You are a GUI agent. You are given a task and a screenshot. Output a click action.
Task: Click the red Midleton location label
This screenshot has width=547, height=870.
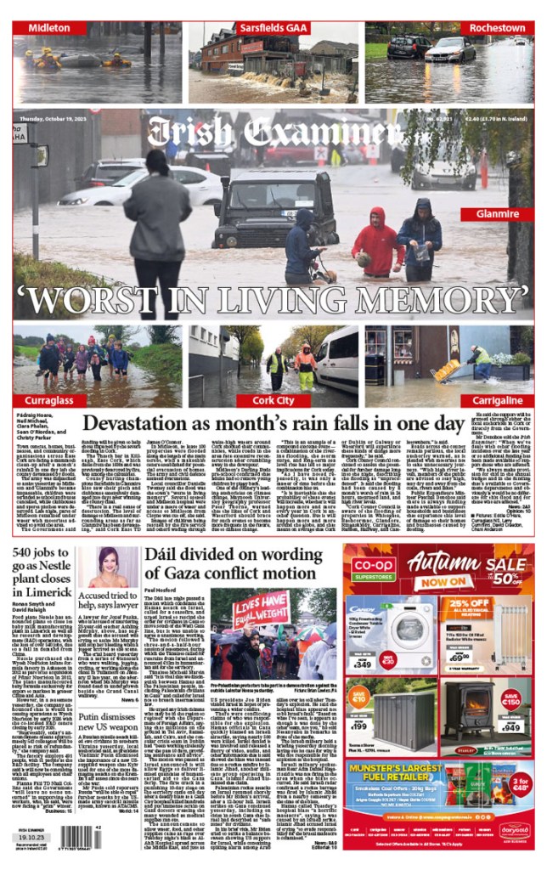50,28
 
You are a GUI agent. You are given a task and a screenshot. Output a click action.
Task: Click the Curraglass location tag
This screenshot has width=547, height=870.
49,399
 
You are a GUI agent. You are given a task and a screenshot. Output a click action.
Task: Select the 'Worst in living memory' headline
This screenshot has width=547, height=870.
273,299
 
